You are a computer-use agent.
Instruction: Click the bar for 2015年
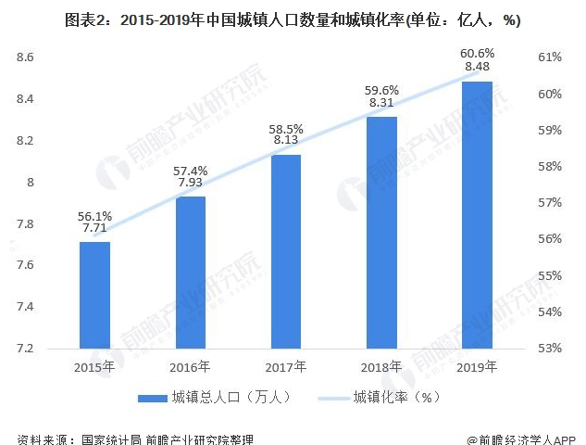[x=94, y=295]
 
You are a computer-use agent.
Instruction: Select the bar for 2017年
[x=286, y=251]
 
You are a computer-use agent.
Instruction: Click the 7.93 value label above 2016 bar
[x=191, y=183]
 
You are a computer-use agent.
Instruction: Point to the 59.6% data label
[x=381, y=90]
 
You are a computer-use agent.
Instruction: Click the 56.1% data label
[x=95, y=216]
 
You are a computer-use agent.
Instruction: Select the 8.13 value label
[x=286, y=140]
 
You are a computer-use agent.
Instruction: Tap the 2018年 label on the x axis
[x=381, y=366]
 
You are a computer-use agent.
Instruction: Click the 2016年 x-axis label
[x=191, y=366]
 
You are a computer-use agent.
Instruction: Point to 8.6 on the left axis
[x=25, y=57]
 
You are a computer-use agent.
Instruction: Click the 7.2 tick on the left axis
[x=25, y=349]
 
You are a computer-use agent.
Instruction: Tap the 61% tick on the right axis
[x=550, y=57]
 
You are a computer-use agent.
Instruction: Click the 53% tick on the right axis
[x=550, y=349]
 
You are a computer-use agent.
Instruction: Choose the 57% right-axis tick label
[x=550, y=203]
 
